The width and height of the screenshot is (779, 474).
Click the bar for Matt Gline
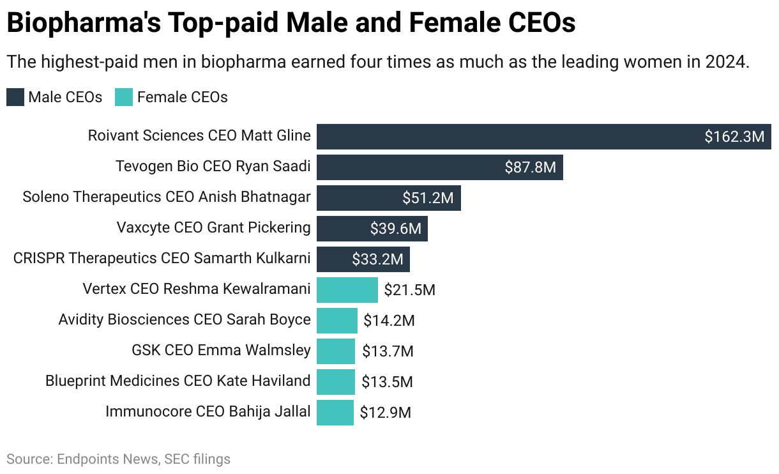(x=511, y=137)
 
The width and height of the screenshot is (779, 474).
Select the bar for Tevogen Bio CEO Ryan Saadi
(x=409, y=167)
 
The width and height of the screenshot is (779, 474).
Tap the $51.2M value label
(x=427, y=198)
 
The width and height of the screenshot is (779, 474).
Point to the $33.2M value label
(x=377, y=259)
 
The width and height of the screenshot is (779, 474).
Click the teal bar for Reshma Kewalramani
(x=347, y=290)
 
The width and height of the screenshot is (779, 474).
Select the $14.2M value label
(x=389, y=321)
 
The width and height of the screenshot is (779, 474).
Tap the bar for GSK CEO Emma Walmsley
(x=335, y=351)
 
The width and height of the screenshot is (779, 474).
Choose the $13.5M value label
(x=387, y=382)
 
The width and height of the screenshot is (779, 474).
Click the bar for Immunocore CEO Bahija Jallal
(x=335, y=412)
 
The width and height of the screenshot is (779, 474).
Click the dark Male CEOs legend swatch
(x=15, y=97)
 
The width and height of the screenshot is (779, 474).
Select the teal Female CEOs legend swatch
(x=124, y=97)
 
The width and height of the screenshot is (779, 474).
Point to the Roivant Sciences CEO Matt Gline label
(x=199, y=135)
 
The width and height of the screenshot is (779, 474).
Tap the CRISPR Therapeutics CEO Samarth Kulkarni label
(x=162, y=258)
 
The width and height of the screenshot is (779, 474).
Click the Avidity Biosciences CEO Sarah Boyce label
(x=185, y=319)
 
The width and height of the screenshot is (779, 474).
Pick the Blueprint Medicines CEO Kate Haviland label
(x=178, y=381)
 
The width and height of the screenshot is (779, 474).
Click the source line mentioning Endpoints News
(x=119, y=459)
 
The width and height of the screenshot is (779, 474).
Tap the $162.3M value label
(x=734, y=137)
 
